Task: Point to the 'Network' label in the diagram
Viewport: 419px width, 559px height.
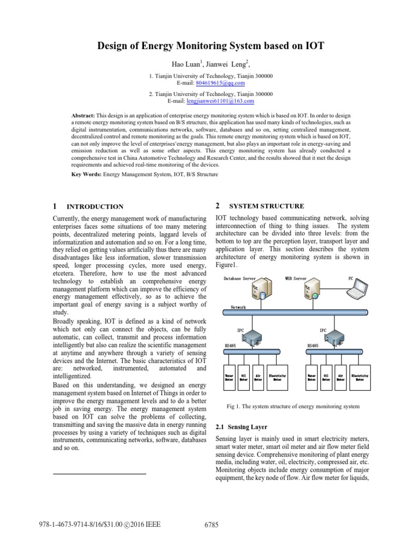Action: [238, 307]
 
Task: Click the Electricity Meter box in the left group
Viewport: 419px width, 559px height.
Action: [278, 378]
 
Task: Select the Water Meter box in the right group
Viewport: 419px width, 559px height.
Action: [312, 378]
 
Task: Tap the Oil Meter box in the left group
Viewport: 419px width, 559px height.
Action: [244, 378]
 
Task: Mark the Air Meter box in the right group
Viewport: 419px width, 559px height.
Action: [340, 378]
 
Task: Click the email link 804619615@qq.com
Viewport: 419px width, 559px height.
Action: [220, 83]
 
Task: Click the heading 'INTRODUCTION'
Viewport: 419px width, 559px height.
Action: [94, 207]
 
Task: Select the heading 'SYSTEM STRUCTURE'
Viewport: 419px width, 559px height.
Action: [267, 206]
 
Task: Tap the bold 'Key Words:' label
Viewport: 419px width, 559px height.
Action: [87, 175]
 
